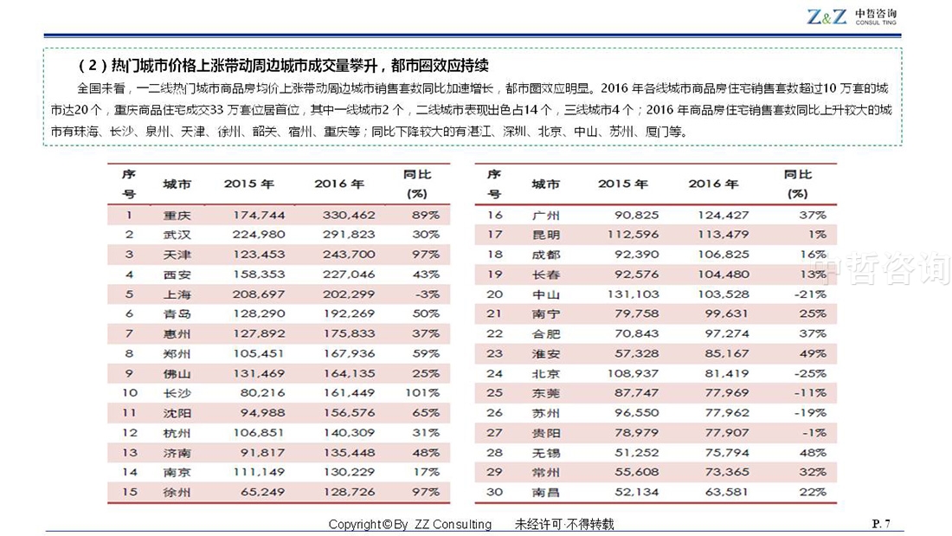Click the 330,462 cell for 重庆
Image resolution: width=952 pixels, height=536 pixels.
tap(349, 215)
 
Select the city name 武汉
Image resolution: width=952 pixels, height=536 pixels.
tap(177, 235)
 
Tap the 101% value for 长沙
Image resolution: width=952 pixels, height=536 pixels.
tap(422, 393)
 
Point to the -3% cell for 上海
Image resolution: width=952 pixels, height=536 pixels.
tap(426, 294)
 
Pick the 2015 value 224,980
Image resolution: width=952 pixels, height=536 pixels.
tap(259, 235)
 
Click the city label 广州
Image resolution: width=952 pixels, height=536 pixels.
tap(546, 215)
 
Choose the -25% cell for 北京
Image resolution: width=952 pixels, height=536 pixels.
tap(811, 374)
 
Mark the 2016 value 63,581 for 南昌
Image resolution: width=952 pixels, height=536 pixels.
tap(727, 492)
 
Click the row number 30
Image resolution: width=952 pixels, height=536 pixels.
tap(494, 492)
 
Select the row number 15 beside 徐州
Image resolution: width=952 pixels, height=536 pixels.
tap(129, 492)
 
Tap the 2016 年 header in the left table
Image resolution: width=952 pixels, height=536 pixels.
tap(339, 184)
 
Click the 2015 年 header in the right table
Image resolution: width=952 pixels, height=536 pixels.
tap(623, 184)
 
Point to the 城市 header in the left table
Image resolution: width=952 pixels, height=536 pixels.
tap(177, 184)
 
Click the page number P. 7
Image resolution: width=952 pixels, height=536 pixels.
tap(881, 523)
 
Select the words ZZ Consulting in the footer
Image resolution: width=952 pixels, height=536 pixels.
tap(453, 524)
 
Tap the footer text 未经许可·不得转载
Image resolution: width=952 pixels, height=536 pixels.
tap(564, 524)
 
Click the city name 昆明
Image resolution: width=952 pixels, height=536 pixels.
tap(546, 235)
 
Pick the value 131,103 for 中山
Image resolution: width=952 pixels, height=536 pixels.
tap(633, 294)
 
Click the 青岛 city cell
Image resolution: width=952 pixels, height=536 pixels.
tap(177, 314)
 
